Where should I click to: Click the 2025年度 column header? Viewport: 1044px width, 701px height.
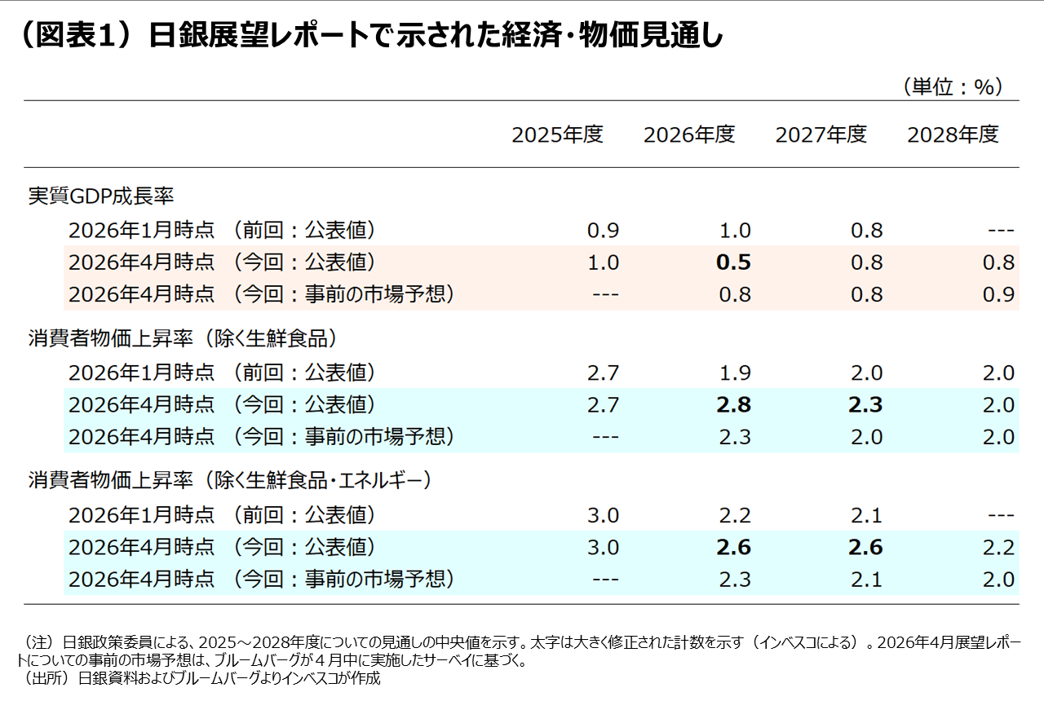557,134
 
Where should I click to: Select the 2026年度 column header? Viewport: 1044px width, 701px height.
689,134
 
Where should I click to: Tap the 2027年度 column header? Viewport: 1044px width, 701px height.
821,134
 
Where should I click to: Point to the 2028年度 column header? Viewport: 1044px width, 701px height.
953,134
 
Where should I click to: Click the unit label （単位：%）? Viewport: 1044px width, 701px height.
953,86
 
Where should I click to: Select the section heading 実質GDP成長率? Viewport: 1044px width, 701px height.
101,196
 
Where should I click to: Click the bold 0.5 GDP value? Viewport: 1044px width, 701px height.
733,262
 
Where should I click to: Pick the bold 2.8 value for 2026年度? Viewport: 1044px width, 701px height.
733,405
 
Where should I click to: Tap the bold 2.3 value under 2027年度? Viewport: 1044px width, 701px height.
865,405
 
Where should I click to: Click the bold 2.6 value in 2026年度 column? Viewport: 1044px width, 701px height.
733,547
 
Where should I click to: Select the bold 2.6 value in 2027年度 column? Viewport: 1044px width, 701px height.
865,547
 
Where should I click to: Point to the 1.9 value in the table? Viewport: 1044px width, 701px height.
735,373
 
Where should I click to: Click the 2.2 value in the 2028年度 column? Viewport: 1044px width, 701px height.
998,547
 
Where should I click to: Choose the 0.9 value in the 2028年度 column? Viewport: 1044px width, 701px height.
998,294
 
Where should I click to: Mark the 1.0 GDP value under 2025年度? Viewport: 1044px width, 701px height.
603,262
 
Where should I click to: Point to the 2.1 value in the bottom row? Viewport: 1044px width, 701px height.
866,580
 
